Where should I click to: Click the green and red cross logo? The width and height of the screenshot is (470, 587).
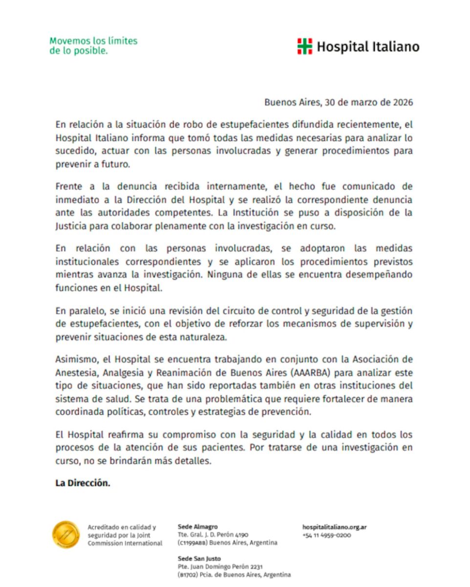pyautogui.click(x=304, y=46)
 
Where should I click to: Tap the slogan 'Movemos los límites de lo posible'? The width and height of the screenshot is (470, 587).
pyautogui.click(x=93, y=45)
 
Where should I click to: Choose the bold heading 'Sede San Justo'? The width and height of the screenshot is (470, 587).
pyautogui.click(x=199, y=559)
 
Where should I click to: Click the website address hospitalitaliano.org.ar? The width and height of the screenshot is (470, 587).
pyautogui.click(x=335, y=527)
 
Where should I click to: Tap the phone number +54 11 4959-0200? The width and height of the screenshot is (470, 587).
pyautogui.click(x=327, y=535)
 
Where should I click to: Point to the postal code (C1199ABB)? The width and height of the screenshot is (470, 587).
pyautogui.click(x=192, y=543)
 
